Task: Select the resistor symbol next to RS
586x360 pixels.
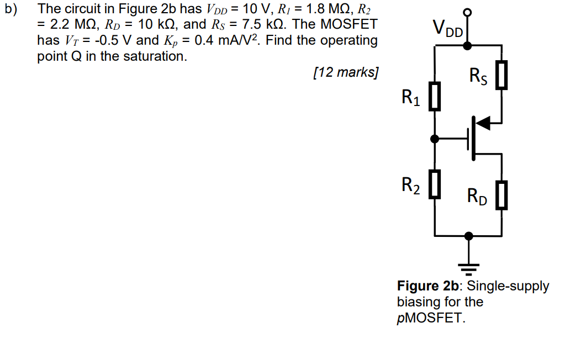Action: tap(501, 76)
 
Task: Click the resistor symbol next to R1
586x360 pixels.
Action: tap(435, 97)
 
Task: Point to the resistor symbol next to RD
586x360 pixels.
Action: tap(501, 195)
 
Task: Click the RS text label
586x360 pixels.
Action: tap(478, 76)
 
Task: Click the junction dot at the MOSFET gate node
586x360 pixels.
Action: tap(435, 139)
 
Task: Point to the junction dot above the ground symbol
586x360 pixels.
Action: tap(468, 236)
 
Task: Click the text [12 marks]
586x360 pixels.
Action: tap(345, 72)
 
